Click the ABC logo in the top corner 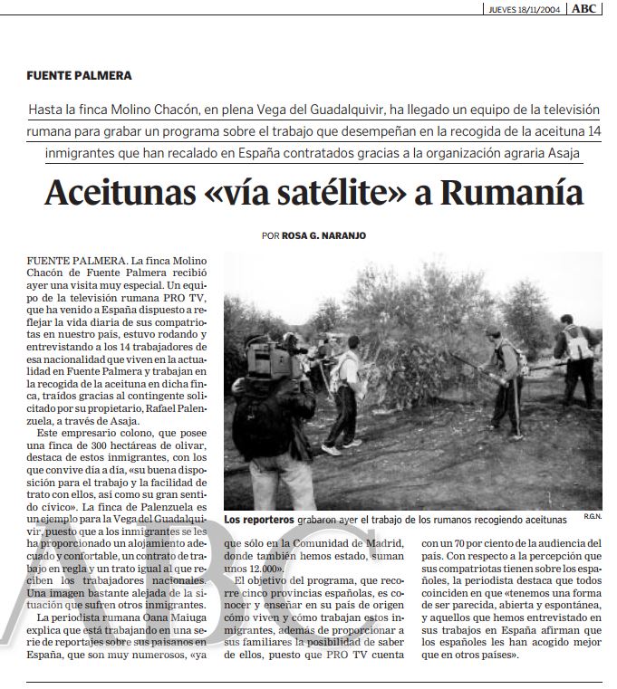(x=584, y=9)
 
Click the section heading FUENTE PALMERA (x=80, y=75)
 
